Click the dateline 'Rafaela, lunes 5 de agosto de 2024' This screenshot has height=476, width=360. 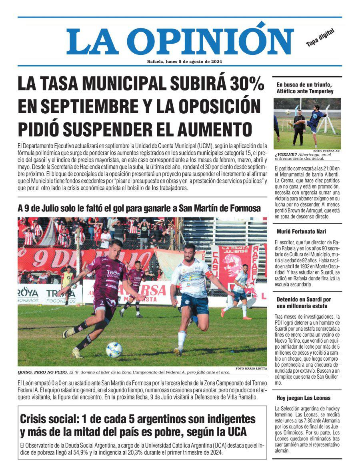point(184,61)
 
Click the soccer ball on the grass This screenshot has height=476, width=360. point(114,349)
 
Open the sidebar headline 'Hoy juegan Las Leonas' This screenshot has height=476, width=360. point(304,398)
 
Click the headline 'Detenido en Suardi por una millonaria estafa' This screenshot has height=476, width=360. point(304,303)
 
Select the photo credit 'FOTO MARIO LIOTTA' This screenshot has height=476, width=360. point(251,368)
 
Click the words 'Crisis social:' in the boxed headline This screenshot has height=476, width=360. point(48,419)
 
